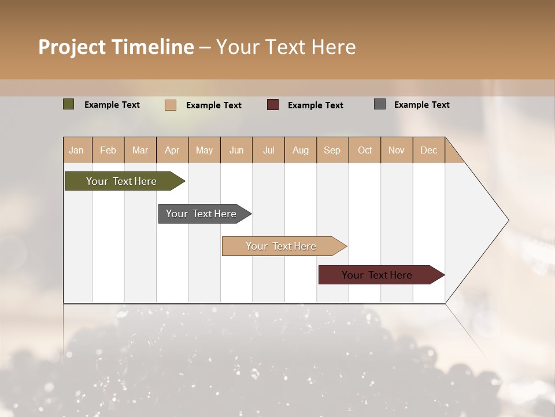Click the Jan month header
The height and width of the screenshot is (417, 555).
point(77,150)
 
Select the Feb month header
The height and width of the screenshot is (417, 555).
point(108,150)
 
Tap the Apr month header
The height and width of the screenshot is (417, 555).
point(172,150)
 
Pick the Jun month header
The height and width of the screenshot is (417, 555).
point(236,150)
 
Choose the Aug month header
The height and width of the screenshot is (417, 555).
point(301,150)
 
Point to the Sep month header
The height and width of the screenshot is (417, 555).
point(332,150)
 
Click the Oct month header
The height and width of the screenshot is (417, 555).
point(365,150)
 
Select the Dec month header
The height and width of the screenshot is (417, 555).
point(429,150)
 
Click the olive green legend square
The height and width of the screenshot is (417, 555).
point(68,104)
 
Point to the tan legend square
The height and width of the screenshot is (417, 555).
point(170,105)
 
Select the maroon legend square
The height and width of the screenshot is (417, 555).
point(273,104)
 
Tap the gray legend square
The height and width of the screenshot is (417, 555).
point(380,104)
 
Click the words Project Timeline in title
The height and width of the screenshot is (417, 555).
point(116,47)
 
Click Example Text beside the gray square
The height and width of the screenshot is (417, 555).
point(421,105)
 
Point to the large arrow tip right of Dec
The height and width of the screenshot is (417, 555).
point(486,220)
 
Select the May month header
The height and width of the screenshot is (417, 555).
point(204,150)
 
